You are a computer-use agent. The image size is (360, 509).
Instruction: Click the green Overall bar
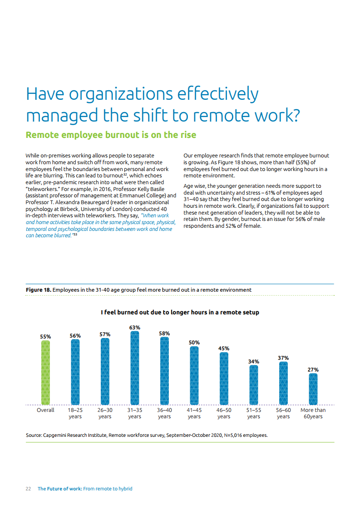tap(45, 372)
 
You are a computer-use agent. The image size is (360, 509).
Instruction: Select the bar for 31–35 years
tap(135, 368)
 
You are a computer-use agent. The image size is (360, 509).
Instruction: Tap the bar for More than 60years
tap(313, 389)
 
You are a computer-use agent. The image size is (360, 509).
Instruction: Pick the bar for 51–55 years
tap(254, 385)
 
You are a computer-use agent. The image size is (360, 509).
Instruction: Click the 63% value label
tap(135, 327)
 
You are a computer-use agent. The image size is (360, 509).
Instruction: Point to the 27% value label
tap(313, 370)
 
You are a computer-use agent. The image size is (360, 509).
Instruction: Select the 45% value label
tap(224, 348)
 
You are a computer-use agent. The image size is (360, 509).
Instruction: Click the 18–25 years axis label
tap(75, 413)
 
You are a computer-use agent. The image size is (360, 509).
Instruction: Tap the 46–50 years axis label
tap(224, 413)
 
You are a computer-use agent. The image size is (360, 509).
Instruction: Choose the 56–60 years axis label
tap(283, 413)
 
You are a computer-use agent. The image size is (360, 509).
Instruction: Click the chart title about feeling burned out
tap(180, 313)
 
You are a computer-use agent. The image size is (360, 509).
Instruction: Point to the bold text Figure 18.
tap(39, 289)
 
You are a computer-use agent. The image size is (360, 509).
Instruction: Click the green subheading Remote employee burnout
tap(111, 135)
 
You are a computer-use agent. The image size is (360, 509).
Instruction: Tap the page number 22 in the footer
tap(28, 489)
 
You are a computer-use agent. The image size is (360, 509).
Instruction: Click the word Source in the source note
tap(34, 436)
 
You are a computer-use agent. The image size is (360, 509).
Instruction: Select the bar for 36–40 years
tap(164, 371)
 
